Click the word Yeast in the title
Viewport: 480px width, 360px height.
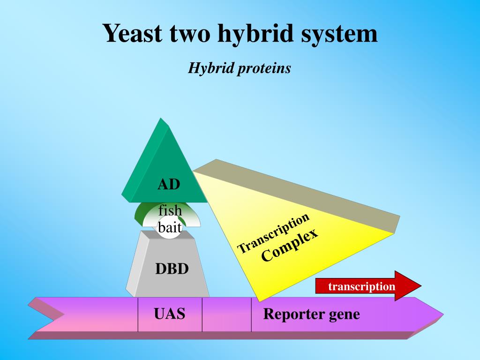132,33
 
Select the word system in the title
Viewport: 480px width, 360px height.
339,34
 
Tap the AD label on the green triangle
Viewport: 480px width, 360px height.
169,184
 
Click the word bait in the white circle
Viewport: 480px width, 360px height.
170,228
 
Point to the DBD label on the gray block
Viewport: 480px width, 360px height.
172,269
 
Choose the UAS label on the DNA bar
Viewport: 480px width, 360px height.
170,313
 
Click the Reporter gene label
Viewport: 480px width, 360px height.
311,314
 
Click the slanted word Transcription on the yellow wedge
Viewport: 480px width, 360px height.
274,232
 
